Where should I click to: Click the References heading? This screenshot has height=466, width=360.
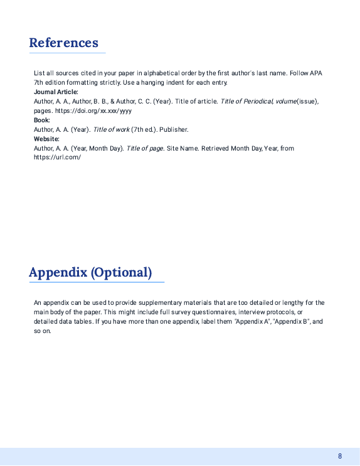point(63,43)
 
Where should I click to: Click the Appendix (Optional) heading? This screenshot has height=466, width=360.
point(90,272)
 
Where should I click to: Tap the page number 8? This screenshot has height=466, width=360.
point(339,456)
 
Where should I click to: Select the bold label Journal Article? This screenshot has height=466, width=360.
point(56,92)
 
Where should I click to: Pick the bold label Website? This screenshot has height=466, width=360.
point(46,139)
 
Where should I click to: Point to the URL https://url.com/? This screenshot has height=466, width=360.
point(57,157)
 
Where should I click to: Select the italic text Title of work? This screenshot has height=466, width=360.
point(110,129)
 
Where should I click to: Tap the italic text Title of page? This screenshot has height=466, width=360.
point(145,148)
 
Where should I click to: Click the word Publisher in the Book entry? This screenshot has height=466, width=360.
point(174,129)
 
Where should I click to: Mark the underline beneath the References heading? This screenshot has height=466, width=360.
point(67,53)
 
